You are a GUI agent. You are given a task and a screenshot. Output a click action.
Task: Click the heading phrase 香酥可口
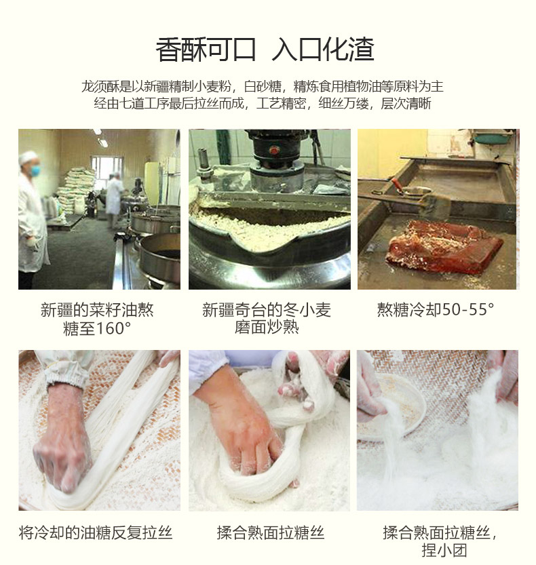coord(206,50)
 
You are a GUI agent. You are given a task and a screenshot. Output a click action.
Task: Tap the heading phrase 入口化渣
coord(323,50)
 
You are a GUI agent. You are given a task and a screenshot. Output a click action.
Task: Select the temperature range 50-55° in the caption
coord(468,309)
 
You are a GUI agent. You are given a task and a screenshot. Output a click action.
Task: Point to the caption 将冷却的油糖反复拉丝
coord(96,532)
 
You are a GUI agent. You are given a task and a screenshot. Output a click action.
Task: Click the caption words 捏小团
coord(444,550)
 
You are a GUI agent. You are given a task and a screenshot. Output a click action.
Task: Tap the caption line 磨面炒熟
coord(267,327)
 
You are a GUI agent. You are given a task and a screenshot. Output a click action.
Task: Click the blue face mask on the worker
coord(35,170)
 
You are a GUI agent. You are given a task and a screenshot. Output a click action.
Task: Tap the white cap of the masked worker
coord(27,157)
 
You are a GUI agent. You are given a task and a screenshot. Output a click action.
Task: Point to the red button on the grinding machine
coord(274,150)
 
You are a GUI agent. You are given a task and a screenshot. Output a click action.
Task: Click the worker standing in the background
coord(115,199)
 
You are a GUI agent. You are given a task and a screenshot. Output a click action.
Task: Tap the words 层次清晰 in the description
coord(406,104)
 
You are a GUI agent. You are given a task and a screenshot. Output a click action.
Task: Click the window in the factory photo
coord(104,167)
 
